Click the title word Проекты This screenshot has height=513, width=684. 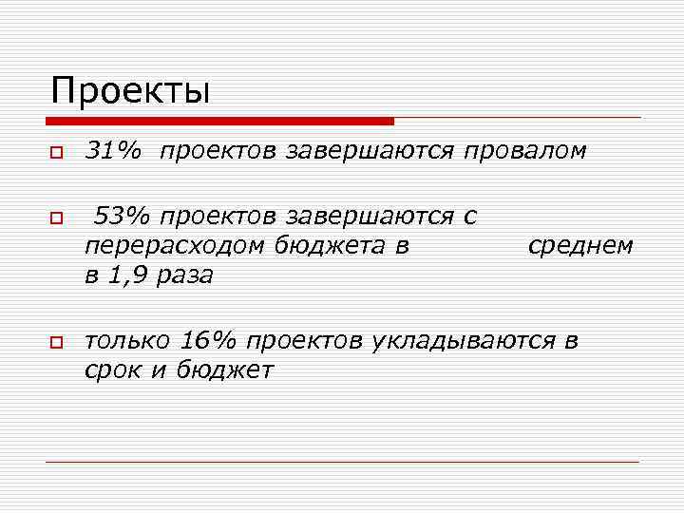click(x=130, y=91)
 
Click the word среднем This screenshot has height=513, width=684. click(x=579, y=246)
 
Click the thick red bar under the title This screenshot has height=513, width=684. click(x=218, y=121)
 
